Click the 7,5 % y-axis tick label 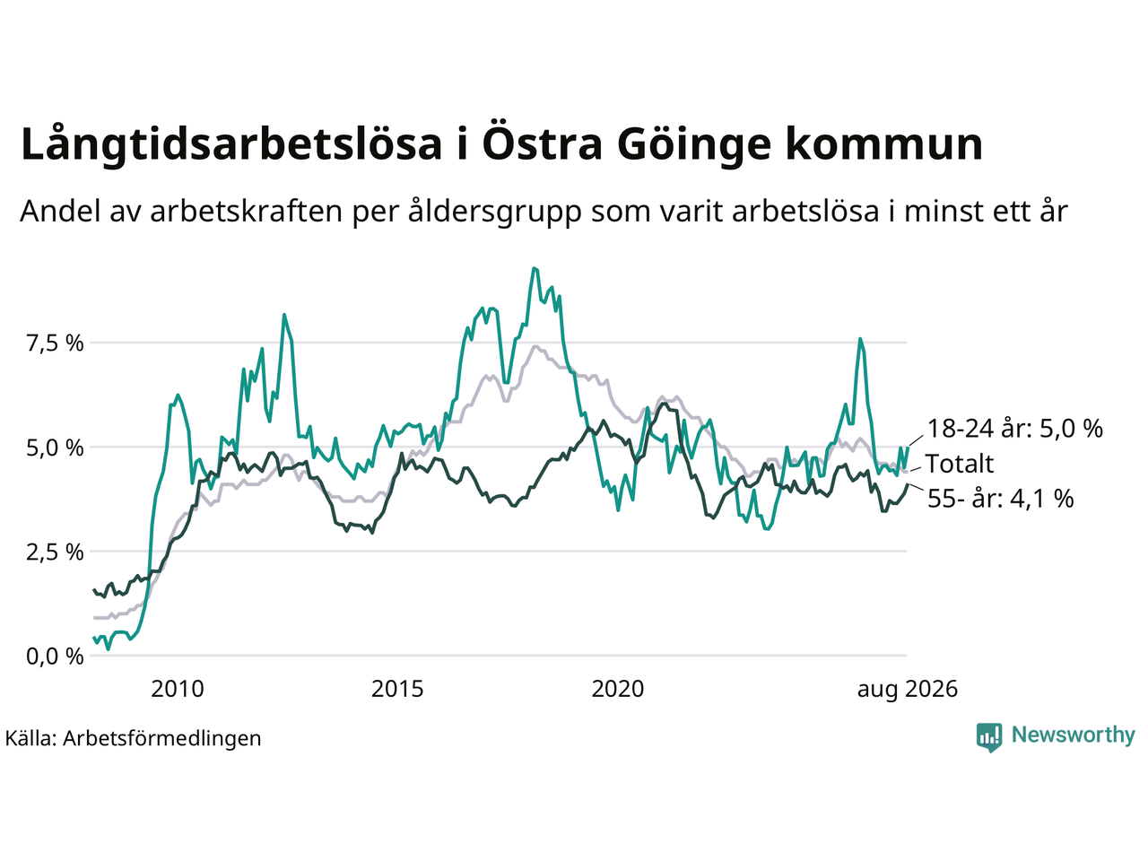point(55,344)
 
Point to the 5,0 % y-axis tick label point(55,448)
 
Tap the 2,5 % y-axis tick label point(55,552)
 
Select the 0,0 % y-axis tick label point(55,657)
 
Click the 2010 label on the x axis point(178,689)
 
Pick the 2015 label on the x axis point(397,689)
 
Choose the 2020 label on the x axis point(618,689)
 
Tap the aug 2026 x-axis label point(908,689)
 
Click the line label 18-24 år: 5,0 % point(1015,429)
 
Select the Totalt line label point(960,464)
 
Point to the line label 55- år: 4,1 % point(1001,498)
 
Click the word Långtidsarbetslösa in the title point(231,144)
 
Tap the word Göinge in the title point(694,144)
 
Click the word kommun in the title point(884,144)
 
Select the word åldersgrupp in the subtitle point(495,211)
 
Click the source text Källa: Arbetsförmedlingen point(134,738)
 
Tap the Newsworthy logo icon point(989,737)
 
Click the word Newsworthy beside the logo point(1074,735)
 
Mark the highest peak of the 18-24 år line point(534,268)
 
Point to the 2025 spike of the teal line point(860,339)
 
